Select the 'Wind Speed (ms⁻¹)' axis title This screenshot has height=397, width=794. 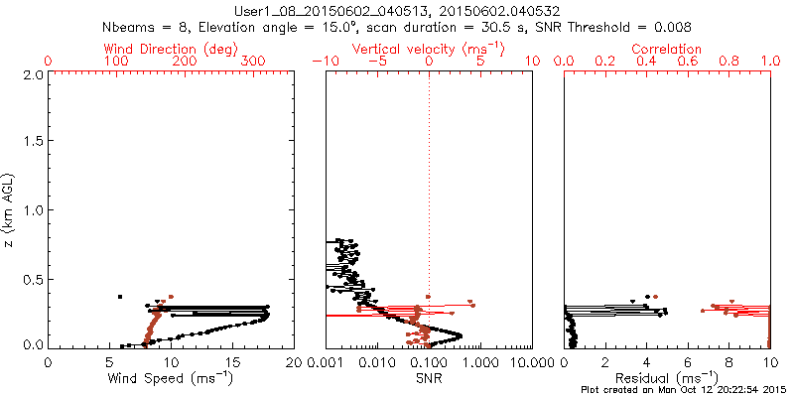[172, 379]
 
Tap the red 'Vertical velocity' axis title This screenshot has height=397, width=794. [428, 49]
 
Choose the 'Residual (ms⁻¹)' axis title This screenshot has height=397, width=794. [667, 379]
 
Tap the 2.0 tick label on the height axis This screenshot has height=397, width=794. [33, 75]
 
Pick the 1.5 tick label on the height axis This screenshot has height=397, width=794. [33, 143]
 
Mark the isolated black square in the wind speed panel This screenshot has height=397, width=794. [120, 297]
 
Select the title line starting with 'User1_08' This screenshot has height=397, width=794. [397, 11]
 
